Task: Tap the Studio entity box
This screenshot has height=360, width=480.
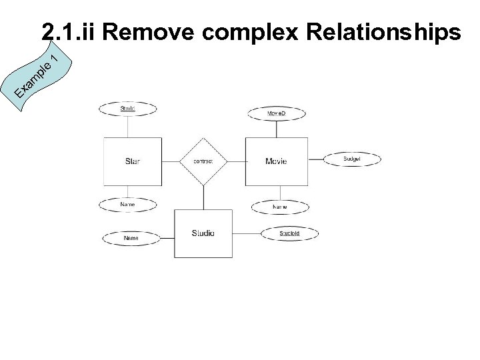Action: (x=203, y=233)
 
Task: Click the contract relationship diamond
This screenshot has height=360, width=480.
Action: (x=203, y=161)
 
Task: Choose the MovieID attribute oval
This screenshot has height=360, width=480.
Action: (x=276, y=114)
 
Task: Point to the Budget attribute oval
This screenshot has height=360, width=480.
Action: (x=352, y=159)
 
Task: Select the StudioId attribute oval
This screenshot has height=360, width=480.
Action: (x=289, y=233)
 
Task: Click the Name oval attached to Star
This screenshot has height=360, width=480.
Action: (x=127, y=204)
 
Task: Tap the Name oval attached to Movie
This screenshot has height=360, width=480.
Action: (x=280, y=207)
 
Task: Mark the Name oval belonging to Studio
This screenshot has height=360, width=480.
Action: (x=131, y=237)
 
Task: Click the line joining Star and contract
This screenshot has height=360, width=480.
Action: (x=170, y=161)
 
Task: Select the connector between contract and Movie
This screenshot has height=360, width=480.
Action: (x=235, y=161)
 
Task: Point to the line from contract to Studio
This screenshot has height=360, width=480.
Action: (x=203, y=197)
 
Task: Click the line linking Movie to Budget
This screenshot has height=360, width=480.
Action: (x=315, y=159)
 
